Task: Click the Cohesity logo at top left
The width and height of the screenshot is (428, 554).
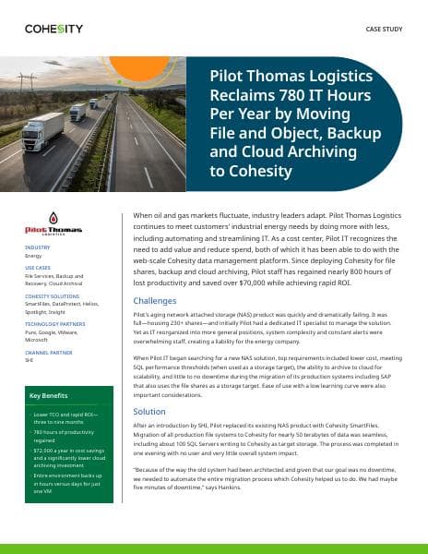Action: [54, 29]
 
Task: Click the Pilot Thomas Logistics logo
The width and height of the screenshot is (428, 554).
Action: [53, 224]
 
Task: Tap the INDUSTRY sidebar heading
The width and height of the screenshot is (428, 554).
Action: [38, 248]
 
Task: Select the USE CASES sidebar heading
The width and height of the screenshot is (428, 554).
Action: [39, 271]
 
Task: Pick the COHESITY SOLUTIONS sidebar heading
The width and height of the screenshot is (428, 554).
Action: [53, 295]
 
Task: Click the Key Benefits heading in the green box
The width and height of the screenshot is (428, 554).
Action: [48, 395]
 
